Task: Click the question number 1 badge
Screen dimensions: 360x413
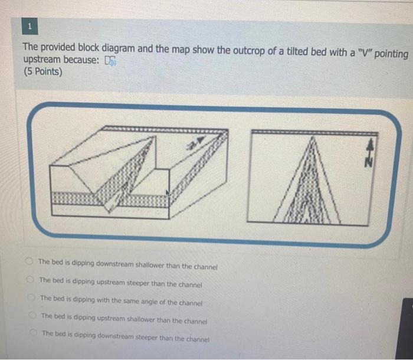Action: click(x=29, y=27)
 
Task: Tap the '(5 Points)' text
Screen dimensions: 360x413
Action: click(x=42, y=72)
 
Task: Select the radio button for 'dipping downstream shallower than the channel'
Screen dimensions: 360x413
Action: click(x=29, y=261)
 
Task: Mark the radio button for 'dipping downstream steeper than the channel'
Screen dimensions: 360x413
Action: click(x=34, y=334)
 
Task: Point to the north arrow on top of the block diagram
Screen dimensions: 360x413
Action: click(x=198, y=142)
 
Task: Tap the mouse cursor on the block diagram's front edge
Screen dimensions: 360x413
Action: click(x=168, y=192)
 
